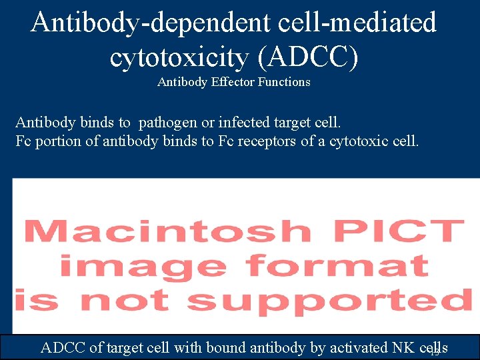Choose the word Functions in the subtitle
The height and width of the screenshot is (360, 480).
(281, 82)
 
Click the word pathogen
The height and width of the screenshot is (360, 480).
(167, 123)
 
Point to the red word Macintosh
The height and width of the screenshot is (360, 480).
(167, 231)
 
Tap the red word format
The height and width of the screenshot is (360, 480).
(337, 266)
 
